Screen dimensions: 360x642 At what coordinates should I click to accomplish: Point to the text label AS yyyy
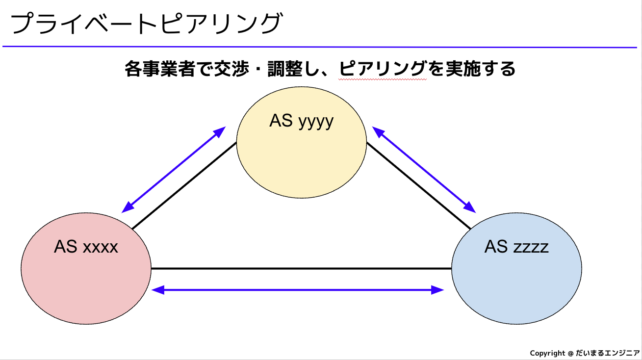point(301,121)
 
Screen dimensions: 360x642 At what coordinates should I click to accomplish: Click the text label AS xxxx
point(86,247)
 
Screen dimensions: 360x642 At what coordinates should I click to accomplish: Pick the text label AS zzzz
point(516,246)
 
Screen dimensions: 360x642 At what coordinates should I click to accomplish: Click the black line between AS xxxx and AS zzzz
point(301,268)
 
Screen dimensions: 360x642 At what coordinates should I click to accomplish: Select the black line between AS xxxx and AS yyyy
point(184,185)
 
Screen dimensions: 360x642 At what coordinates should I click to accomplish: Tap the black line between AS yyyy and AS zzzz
point(418,185)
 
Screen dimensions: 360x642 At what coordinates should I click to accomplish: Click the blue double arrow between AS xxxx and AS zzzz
point(298,290)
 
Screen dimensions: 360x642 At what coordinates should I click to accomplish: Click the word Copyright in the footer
point(547,353)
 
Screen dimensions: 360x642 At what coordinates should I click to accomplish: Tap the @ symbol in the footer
point(570,353)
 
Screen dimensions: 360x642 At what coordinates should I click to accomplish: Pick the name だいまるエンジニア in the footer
point(607,353)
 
